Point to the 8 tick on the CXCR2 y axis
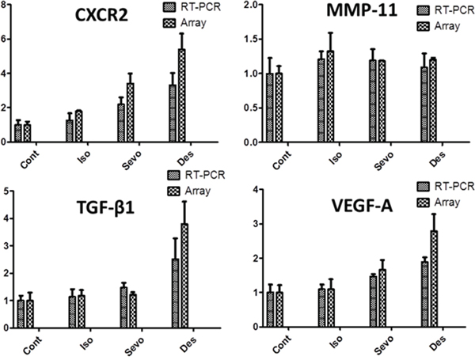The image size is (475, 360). coord(6,6)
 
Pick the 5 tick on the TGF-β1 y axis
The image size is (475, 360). coord(6,190)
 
